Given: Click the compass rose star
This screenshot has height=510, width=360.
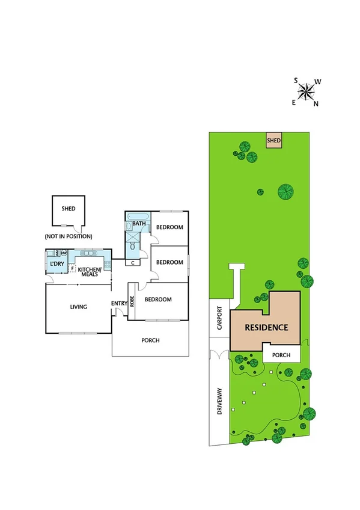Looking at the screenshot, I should pos(306,91).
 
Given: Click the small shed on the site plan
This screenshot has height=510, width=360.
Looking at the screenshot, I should pos(274,141).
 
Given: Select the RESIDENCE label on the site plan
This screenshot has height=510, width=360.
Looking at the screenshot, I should pos(266,328).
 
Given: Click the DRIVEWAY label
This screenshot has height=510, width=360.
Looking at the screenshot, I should pos(219,404).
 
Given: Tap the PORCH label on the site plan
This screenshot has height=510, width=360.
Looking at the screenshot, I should pos(281,355).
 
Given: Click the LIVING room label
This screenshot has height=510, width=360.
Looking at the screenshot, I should pos(78,307).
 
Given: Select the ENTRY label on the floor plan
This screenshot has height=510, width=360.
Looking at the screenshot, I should pos(118,303).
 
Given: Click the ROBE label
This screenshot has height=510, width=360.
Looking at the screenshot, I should pos(132,301).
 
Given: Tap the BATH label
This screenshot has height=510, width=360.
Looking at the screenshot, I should pos(139,224).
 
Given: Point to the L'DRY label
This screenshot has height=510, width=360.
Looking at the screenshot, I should pos(58,263).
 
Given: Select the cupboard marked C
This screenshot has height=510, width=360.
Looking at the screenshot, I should pos(132,262).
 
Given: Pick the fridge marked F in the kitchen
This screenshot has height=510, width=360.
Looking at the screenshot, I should pos(72,268).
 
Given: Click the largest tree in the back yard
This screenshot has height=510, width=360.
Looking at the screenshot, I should pos(286,192).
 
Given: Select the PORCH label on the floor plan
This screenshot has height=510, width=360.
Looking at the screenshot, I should pos(150,340).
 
